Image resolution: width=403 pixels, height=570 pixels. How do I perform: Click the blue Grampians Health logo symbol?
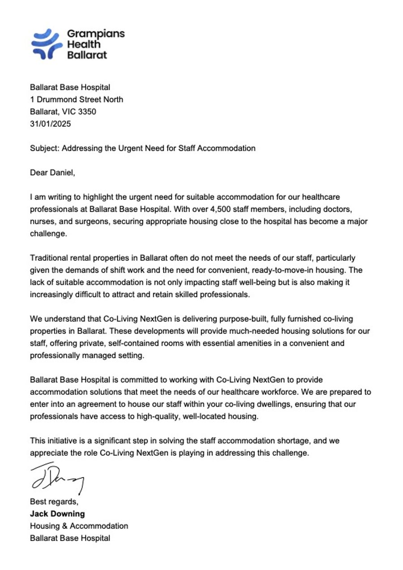[47, 44]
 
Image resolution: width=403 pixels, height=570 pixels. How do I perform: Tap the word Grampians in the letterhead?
[96, 34]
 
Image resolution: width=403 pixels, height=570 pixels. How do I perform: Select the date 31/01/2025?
[50, 124]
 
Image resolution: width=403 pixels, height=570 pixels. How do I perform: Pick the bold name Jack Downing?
[57, 514]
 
